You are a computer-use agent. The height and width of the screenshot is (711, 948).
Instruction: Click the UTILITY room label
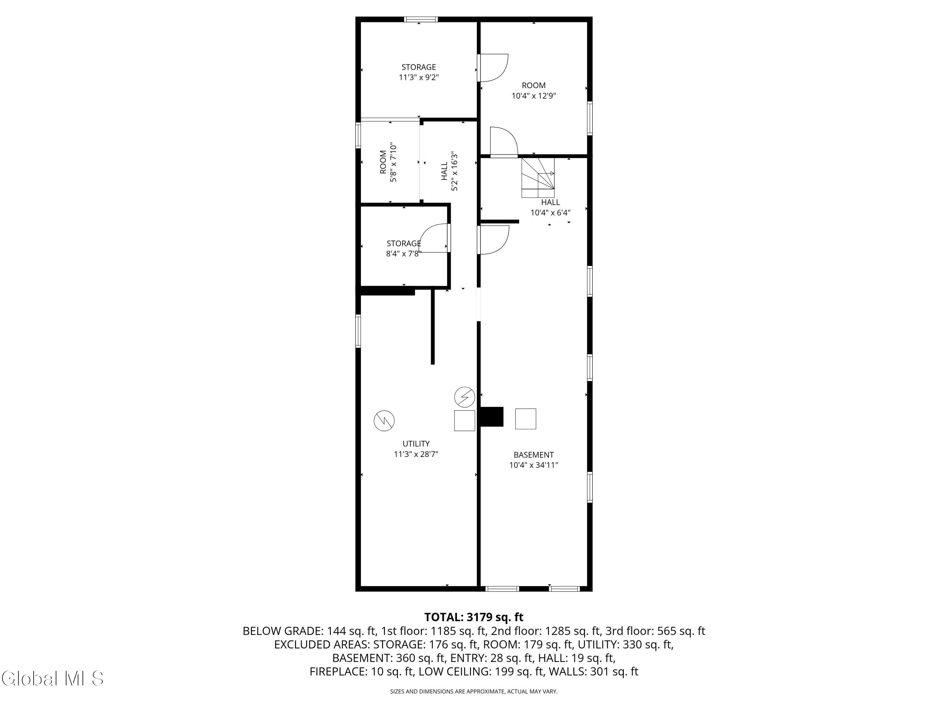pyautogui.click(x=416, y=444)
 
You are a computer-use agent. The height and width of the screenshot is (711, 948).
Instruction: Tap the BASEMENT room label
pyautogui.click(x=534, y=455)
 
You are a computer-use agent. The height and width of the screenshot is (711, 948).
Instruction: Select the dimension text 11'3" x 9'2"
pyautogui.click(x=419, y=77)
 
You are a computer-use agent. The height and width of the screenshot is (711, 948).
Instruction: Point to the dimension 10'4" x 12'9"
pyautogui.click(x=534, y=96)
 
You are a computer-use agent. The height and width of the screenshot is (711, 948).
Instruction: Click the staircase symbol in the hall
pyautogui.click(x=538, y=177)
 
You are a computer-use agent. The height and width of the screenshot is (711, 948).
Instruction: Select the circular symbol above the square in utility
pyautogui.click(x=465, y=397)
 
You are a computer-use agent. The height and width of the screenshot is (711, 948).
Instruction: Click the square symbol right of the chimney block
pyautogui.click(x=526, y=419)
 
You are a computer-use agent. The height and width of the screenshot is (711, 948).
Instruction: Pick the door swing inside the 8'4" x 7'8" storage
pyautogui.click(x=434, y=238)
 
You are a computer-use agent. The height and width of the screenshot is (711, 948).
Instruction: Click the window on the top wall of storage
pyautogui.click(x=421, y=19)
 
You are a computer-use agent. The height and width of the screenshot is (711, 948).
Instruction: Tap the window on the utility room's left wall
pyautogui.click(x=358, y=331)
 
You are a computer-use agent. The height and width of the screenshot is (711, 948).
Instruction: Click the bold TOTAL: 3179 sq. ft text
pyautogui.click(x=474, y=617)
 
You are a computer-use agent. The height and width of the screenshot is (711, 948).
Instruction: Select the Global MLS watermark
pyautogui.click(x=52, y=678)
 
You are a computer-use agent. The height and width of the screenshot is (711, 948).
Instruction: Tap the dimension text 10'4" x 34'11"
pyautogui.click(x=534, y=465)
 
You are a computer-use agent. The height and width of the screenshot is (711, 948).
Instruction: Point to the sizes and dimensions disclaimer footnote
pyautogui.click(x=474, y=691)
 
